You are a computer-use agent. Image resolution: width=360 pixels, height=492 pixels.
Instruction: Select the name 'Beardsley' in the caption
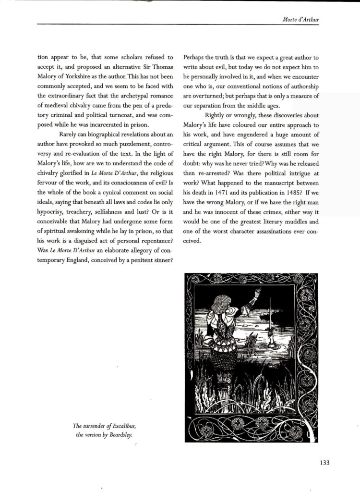(120, 435)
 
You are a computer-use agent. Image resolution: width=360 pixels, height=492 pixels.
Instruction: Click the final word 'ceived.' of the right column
(192, 240)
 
